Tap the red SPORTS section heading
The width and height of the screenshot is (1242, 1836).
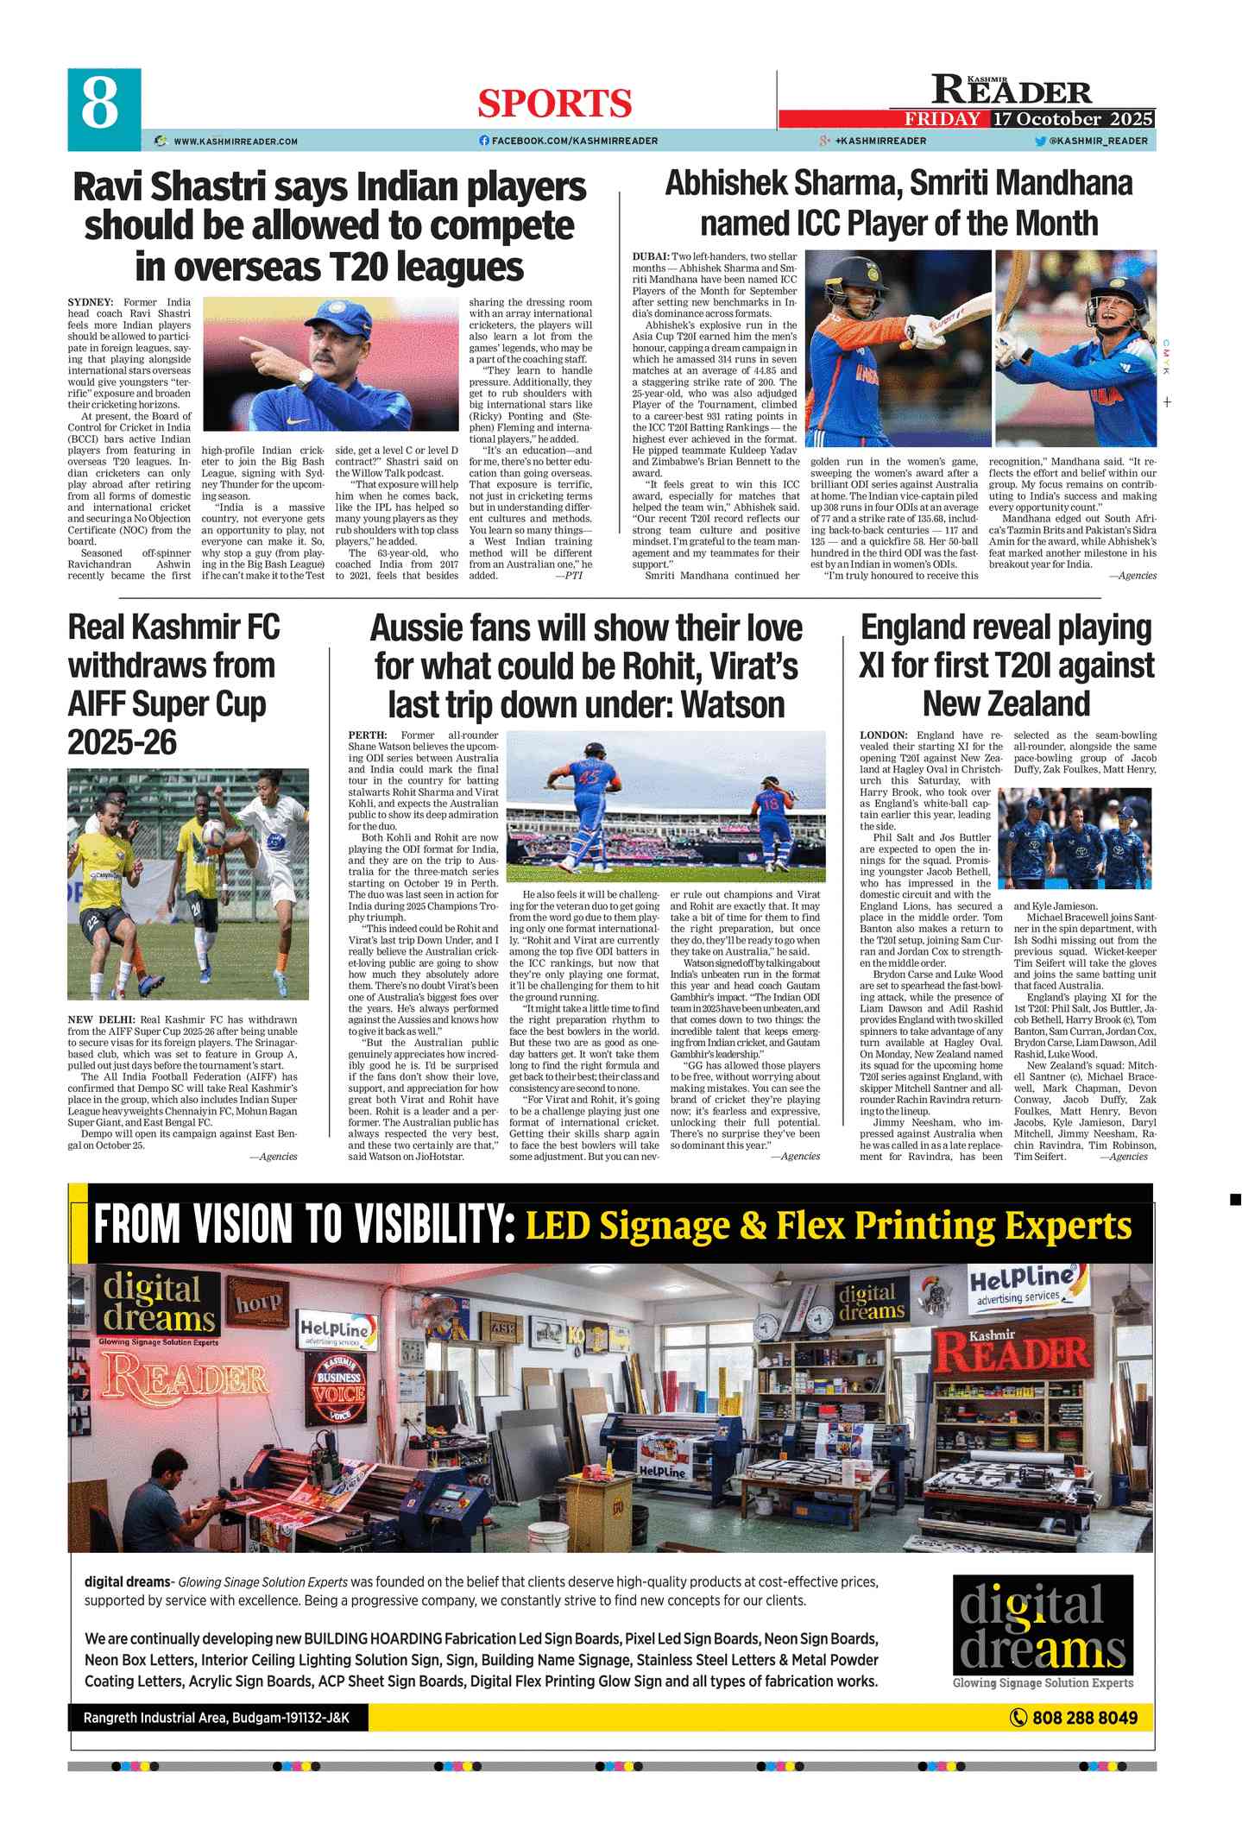tap(555, 104)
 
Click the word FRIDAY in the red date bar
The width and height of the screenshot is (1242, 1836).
tap(942, 119)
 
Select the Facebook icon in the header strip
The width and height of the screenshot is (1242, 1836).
tap(484, 141)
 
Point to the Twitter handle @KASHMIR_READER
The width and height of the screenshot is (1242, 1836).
tap(1097, 141)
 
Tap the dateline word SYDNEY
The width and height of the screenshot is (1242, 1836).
tap(90, 302)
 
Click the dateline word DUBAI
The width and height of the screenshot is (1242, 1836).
tap(650, 257)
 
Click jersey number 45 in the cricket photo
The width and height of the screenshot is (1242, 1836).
tap(589, 778)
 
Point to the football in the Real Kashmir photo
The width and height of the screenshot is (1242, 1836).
tap(213, 830)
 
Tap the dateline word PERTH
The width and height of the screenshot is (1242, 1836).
tap(367, 735)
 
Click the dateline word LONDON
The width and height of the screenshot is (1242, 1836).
tap(883, 735)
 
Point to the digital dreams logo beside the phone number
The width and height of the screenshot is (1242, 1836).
tap(1043, 1631)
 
